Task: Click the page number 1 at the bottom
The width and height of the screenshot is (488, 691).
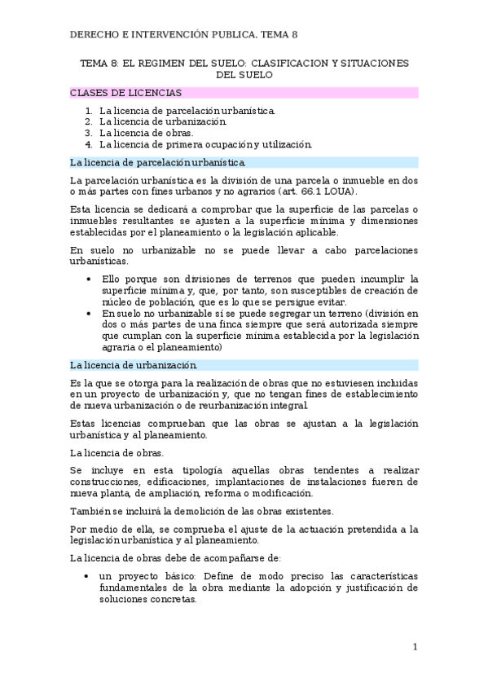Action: [415, 647]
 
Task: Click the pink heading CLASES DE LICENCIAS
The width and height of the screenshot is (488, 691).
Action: [126, 93]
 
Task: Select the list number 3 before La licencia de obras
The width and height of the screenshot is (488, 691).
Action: [89, 133]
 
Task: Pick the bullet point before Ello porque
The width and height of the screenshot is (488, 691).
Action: [88, 278]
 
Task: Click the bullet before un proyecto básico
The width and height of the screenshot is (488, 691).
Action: [88, 576]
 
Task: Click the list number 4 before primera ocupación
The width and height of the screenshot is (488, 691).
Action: [89, 144]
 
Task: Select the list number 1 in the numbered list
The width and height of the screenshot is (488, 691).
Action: [89, 109]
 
